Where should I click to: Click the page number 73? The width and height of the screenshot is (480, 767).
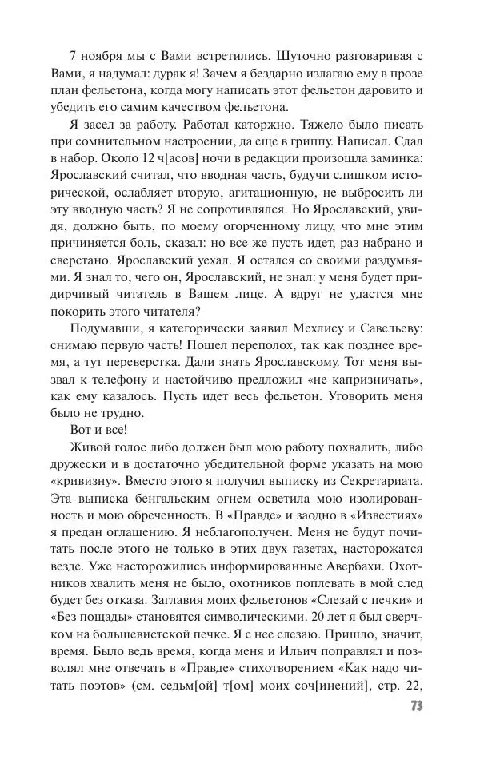coord(416,707)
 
